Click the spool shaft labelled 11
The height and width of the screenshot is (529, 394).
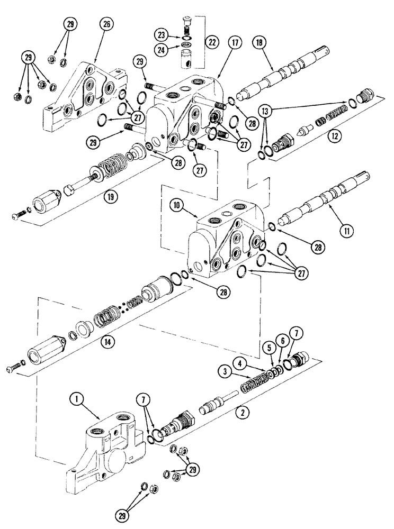(312, 203)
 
